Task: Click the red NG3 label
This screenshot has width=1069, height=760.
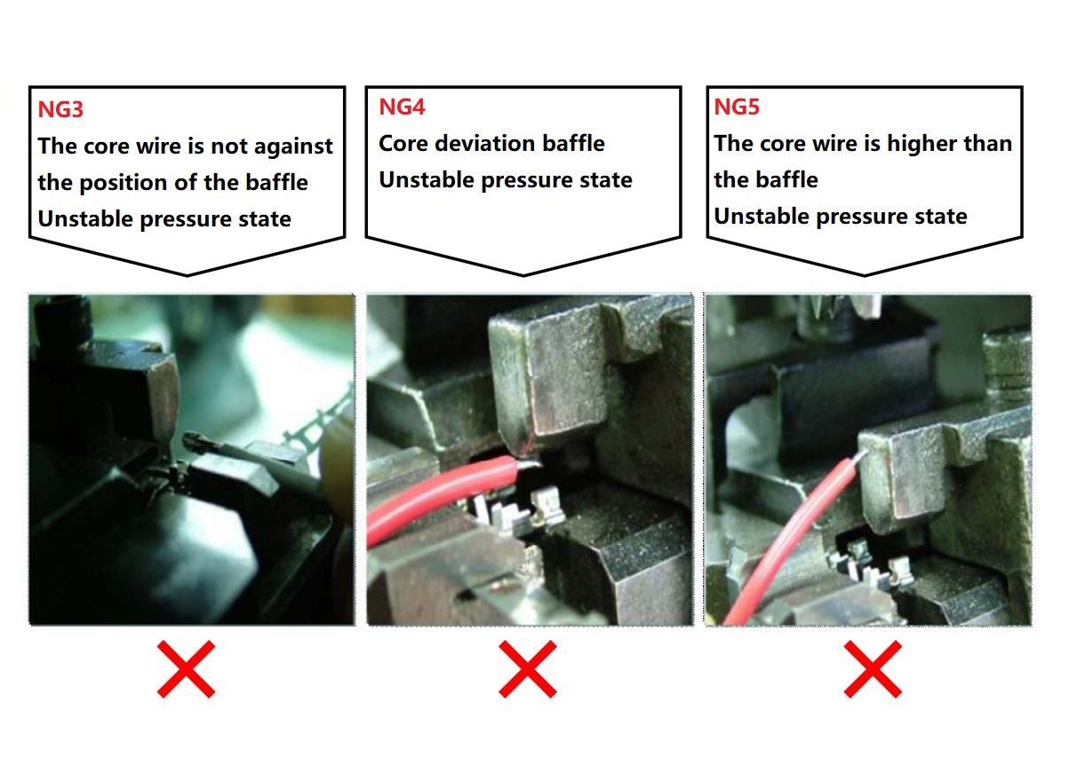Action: tap(60, 109)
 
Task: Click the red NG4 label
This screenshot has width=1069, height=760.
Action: tap(402, 107)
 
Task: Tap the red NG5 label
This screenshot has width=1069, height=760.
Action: tap(737, 107)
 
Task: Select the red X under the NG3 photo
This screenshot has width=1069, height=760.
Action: tap(186, 669)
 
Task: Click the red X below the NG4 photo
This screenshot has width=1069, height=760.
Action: tap(527, 669)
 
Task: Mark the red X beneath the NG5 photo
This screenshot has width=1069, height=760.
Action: tap(873, 669)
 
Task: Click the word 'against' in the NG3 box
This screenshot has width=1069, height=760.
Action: tap(293, 146)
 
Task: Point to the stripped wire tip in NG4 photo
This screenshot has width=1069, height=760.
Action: tap(529, 462)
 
